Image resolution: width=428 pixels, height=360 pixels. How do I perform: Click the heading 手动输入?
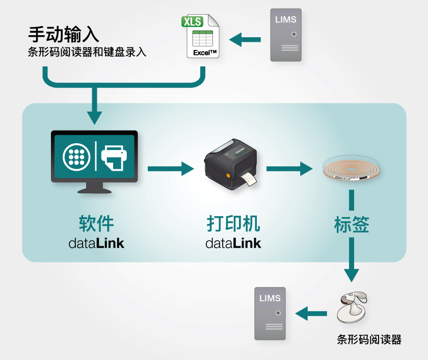[63, 34]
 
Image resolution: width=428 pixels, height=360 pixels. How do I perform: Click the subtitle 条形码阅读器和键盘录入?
[87, 52]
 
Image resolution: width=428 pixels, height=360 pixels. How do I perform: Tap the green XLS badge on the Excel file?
[192, 22]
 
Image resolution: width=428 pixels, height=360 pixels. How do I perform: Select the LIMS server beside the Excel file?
[286, 35]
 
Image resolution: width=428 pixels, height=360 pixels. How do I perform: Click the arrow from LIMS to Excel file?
[244, 39]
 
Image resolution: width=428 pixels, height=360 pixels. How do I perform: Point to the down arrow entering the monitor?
[94, 110]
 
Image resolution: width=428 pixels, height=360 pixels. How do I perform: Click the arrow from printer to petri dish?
[288, 168]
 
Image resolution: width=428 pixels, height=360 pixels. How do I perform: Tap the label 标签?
[351, 225]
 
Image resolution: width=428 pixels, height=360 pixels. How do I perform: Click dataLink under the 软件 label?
[96, 243]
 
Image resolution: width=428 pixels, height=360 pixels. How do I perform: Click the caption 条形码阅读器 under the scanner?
[369, 340]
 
